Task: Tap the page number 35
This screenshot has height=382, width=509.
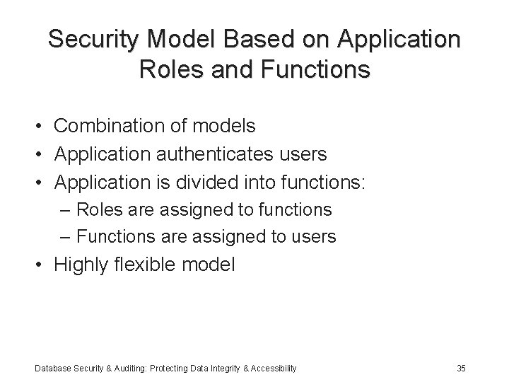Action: coord(461,368)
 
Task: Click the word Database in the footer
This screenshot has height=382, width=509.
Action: coord(52,368)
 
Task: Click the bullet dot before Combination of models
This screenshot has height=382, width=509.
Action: coord(43,127)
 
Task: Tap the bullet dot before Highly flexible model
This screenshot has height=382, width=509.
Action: coord(43,266)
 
